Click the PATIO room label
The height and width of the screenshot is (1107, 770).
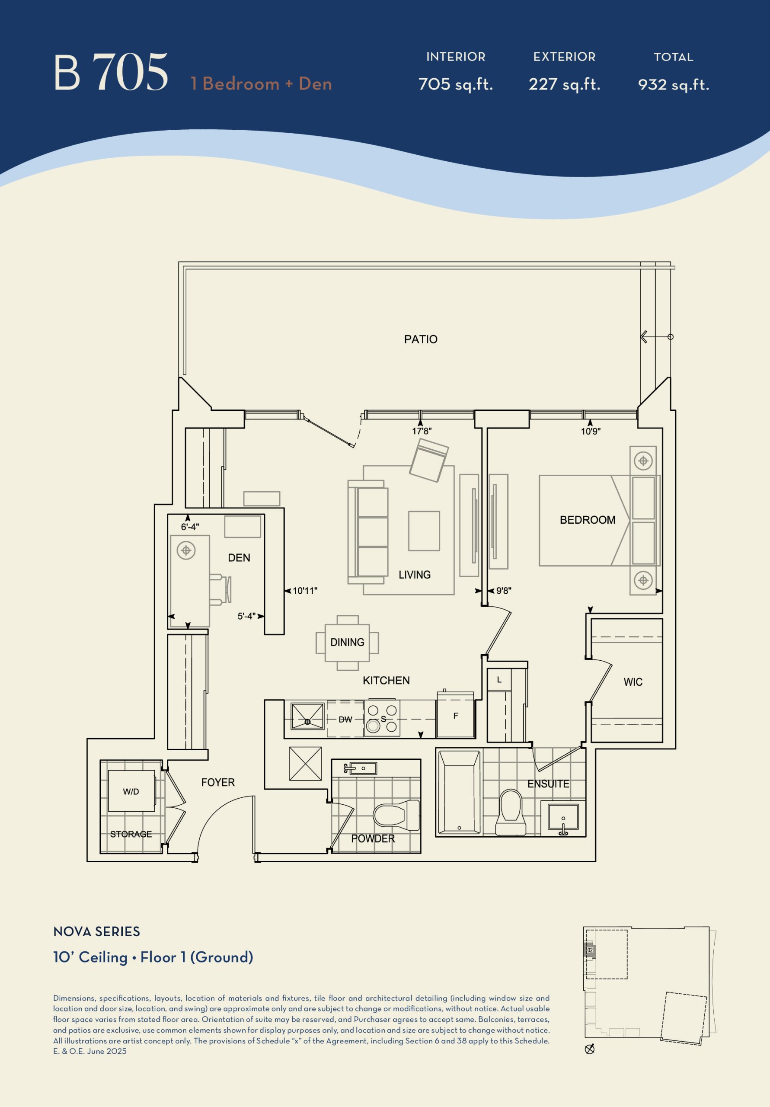[420, 339]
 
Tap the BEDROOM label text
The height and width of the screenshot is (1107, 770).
[587, 520]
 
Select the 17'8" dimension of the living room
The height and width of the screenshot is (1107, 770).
[422, 431]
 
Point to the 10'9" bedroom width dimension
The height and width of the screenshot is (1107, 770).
[590, 431]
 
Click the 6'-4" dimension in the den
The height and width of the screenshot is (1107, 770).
[190, 527]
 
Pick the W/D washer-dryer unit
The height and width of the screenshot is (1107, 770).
[131, 791]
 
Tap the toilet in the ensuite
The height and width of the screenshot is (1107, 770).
[511, 812]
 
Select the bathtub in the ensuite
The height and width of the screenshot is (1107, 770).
[459, 792]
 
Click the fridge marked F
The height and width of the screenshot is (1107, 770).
[456, 716]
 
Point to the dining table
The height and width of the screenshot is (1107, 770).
[347, 643]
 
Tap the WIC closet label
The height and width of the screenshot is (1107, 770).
[633, 682]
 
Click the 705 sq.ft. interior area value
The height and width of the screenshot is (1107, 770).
[456, 84]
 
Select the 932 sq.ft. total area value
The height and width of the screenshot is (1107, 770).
[674, 85]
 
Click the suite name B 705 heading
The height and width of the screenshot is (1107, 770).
[111, 72]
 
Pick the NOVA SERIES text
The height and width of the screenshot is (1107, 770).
[96, 931]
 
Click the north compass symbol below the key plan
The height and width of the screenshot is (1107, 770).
[589, 1049]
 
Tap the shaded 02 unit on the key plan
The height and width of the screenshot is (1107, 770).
[590, 950]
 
